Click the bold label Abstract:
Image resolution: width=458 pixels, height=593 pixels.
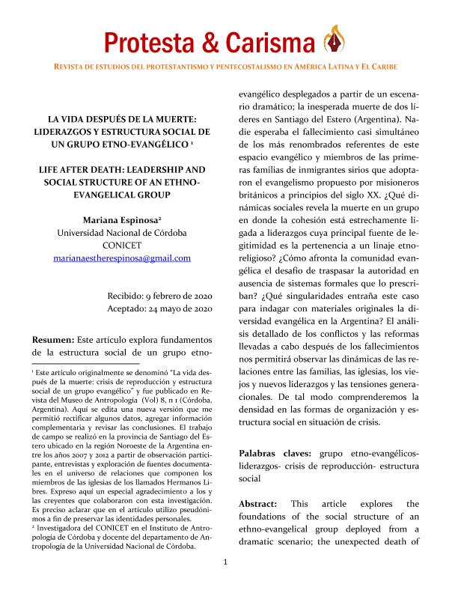pyautogui.click(x=258, y=504)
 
